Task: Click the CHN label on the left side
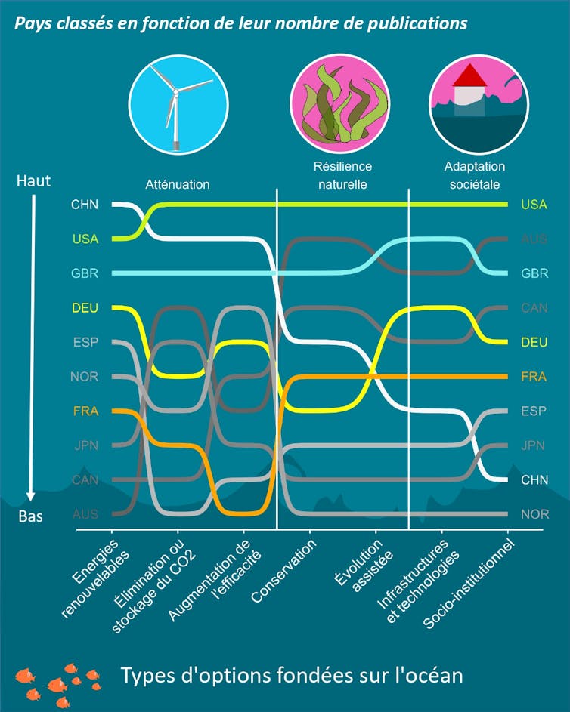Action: pos(85,205)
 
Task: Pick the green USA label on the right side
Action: pos(534,205)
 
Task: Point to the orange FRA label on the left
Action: pos(85,411)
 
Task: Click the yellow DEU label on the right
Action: pos(534,342)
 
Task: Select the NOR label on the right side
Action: pos(534,514)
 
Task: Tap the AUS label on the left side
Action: pos(85,514)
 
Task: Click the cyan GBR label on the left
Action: pos(85,273)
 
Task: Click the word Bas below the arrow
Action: pos(31,517)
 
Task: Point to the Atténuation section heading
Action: pos(178,184)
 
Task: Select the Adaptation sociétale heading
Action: pos(474,175)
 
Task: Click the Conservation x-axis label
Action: pos(284,570)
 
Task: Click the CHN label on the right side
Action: pos(534,479)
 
